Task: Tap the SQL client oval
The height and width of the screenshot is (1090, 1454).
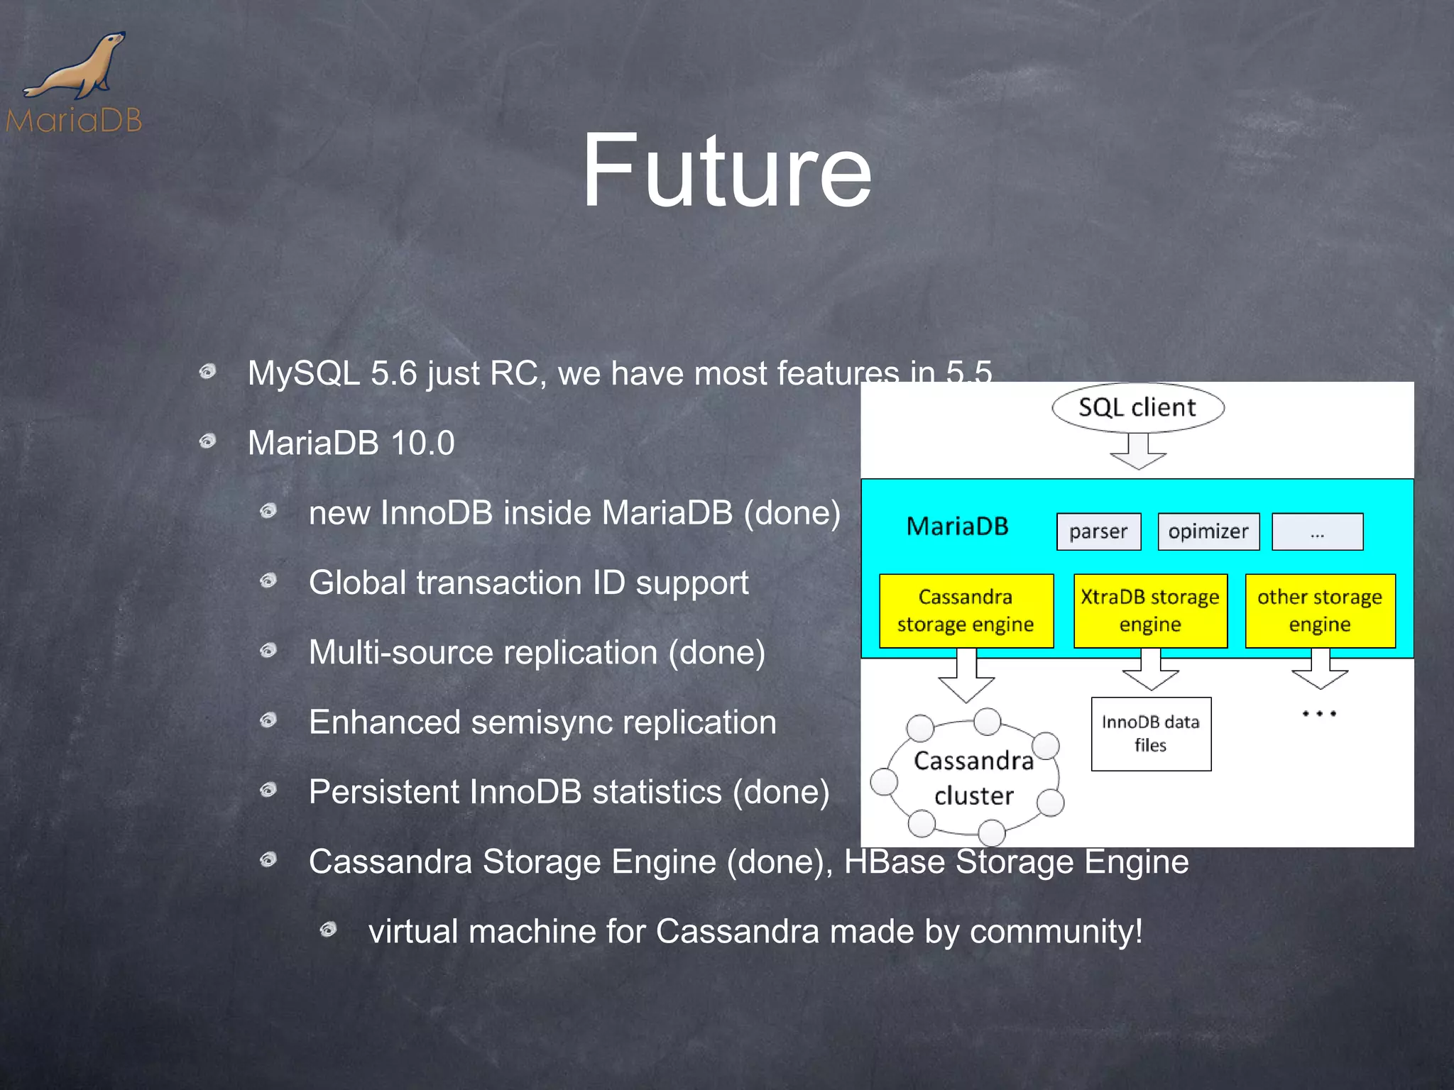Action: [1137, 407]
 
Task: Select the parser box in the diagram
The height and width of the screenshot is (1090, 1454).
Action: [1098, 532]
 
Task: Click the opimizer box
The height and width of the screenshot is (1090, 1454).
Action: [1208, 532]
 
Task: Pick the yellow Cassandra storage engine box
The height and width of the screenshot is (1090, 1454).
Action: [966, 610]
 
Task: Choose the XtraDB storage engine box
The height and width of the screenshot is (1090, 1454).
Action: [1150, 610]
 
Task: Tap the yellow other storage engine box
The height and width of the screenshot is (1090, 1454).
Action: [1320, 610]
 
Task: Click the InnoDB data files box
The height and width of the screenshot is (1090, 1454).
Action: [1151, 734]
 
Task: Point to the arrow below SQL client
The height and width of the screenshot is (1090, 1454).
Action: [1138, 451]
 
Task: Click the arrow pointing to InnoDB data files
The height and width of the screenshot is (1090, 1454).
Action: [1151, 671]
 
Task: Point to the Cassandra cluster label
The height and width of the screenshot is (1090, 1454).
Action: [973, 778]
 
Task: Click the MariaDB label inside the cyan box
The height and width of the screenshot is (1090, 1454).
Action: [957, 527]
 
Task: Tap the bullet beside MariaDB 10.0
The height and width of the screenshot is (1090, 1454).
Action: [207, 442]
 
